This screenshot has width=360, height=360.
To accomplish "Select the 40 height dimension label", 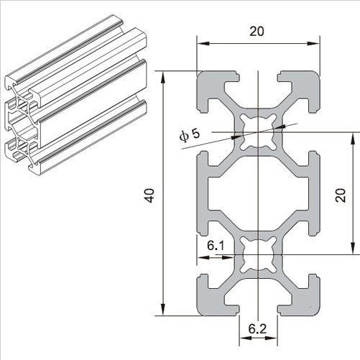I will [149, 194].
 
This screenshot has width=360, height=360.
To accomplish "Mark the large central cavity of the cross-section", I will [258, 194].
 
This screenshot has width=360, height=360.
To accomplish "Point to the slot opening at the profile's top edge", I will [258, 75].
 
